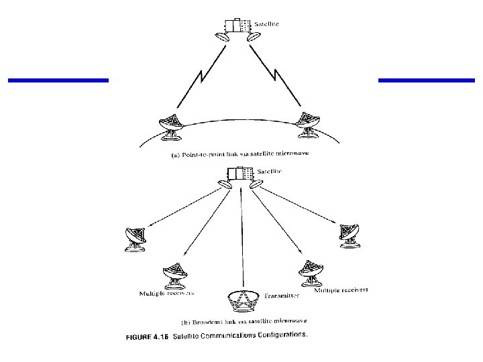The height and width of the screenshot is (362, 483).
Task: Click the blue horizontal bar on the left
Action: (x=58, y=80)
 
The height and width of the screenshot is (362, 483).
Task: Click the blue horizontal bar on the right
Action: (x=427, y=80)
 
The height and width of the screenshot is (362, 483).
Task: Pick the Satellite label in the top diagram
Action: (x=266, y=23)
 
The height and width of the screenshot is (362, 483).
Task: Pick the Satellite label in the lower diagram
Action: (x=269, y=172)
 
